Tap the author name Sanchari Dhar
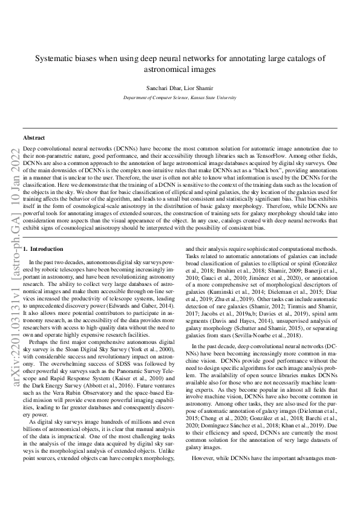163,88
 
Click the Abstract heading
34,138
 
